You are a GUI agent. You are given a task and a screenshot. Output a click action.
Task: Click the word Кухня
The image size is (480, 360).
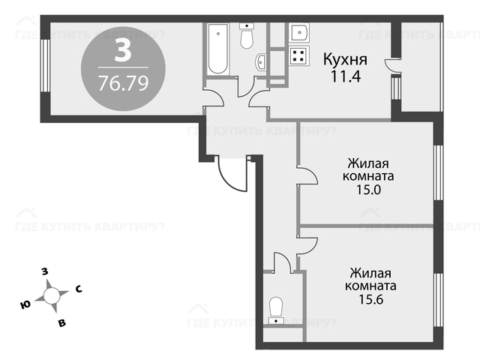[x=345, y=59]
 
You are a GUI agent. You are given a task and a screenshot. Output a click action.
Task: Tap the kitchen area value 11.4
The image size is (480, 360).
[x=346, y=76]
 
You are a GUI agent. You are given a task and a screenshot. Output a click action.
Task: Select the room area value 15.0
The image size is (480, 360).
[x=368, y=190]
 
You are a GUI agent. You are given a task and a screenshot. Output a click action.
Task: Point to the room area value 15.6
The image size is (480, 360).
[x=370, y=299]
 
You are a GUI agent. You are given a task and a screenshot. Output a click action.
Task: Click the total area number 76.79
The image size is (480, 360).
[x=123, y=83]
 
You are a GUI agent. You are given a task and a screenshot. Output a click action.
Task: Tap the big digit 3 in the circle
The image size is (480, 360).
[x=123, y=51]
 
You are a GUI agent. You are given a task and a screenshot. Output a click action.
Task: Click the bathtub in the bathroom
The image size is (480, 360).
[x=217, y=49]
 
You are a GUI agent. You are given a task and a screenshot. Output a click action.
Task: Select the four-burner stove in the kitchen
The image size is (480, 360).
[x=298, y=56]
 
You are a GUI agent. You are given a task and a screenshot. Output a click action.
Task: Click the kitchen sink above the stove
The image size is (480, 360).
[x=298, y=32]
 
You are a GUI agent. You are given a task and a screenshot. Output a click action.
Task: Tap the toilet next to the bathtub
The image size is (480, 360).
[x=247, y=36]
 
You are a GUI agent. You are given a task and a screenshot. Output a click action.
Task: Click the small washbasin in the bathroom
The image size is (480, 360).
[x=260, y=61]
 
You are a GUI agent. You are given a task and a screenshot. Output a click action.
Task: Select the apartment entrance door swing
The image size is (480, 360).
[x=232, y=173]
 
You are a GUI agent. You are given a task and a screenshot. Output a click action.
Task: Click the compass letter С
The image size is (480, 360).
[x=79, y=289]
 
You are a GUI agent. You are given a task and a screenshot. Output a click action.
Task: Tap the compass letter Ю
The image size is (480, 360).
[x=25, y=304]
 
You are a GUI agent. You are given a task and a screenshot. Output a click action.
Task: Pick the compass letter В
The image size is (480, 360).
[x=62, y=322]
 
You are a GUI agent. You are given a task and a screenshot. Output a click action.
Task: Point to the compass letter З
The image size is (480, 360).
[x=45, y=271]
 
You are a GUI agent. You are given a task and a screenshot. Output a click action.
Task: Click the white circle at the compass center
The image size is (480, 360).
[x=52, y=295]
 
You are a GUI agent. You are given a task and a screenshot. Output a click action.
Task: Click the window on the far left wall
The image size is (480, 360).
[x=45, y=65]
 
